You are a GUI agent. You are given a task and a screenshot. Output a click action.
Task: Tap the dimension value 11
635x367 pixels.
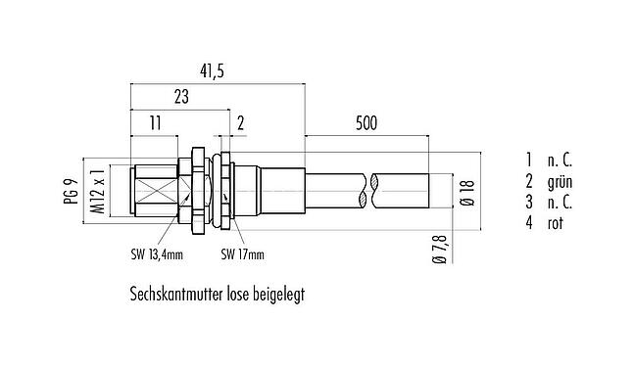(155, 123)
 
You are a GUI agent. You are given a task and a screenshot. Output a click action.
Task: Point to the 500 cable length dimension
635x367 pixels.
(366, 123)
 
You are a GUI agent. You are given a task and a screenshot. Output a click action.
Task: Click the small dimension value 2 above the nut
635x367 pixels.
(240, 123)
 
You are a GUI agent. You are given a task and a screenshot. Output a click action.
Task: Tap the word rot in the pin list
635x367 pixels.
(558, 223)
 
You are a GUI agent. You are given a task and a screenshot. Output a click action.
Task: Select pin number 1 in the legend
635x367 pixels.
(527, 160)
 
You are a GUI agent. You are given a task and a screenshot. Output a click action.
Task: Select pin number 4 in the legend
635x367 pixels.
(527, 223)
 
